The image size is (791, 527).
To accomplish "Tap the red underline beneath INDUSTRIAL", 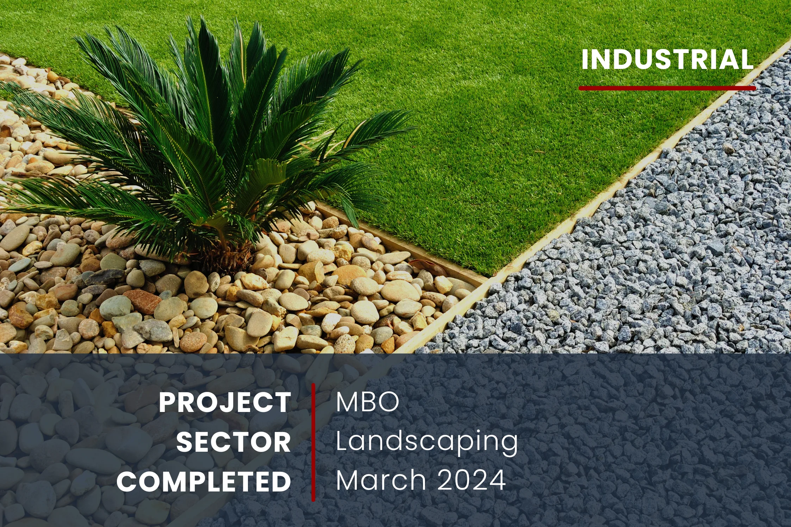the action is (x=667, y=88).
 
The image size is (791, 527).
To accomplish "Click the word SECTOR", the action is (x=233, y=442).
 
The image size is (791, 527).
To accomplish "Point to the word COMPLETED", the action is (x=204, y=482).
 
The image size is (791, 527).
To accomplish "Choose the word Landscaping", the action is (x=427, y=442).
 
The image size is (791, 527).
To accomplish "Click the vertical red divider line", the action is (x=313, y=442).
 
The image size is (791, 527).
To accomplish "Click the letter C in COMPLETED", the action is (x=127, y=482).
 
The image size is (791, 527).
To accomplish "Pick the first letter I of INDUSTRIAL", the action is (x=584, y=59).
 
